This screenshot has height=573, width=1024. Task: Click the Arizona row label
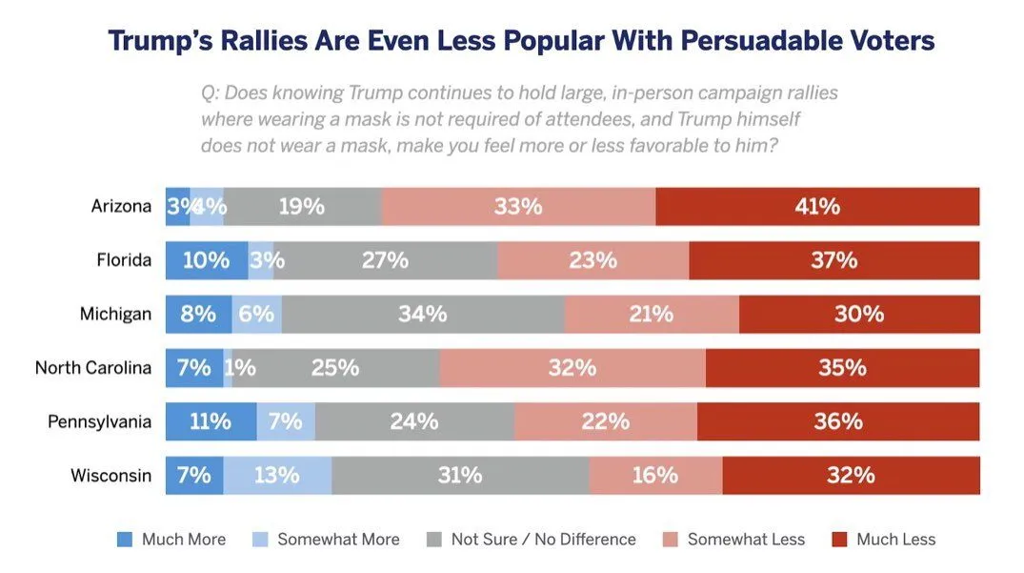121,206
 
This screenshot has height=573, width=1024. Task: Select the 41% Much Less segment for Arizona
817,206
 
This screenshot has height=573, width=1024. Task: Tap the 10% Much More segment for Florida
207,260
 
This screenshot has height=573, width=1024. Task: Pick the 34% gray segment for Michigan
423,314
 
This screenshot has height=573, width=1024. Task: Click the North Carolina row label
93,368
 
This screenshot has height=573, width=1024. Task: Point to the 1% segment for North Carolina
229,368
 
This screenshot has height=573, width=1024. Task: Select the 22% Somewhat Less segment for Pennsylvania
605,421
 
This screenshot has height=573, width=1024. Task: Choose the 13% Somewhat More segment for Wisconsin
277,475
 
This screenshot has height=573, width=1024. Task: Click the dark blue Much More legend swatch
125,540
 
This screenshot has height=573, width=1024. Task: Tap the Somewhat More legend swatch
260,540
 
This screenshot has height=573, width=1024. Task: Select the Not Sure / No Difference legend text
543,540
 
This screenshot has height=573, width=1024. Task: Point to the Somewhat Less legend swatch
671,540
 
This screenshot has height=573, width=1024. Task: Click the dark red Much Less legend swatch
839,540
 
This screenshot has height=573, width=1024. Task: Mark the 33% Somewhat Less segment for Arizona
518,206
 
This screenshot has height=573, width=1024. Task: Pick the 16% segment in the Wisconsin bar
655,475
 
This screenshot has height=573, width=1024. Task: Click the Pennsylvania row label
99,421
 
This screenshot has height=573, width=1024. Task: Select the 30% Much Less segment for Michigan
859,314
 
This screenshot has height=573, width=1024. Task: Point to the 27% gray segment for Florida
385,260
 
